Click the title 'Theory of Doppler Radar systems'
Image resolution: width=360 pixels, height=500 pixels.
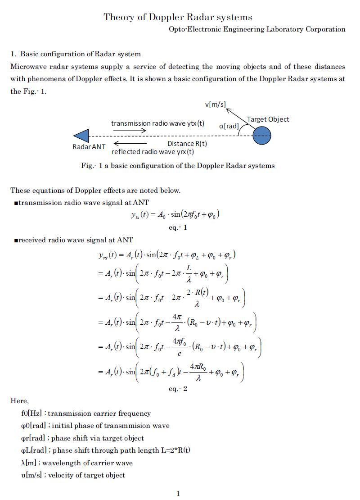[x=178, y=17]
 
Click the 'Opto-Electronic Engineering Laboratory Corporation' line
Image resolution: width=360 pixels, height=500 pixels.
[x=257, y=29]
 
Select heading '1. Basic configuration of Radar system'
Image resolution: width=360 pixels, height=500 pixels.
[x=76, y=54]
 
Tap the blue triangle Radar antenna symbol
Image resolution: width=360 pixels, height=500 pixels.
[x=81, y=136]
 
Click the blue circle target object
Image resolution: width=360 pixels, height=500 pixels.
[x=262, y=136]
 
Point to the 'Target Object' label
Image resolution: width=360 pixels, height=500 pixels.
[x=268, y=119]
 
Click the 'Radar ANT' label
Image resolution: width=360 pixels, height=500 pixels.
[x=89, y=147]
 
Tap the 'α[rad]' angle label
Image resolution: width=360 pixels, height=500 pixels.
[x=229, y=126]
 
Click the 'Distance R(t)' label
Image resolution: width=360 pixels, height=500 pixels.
[x=187, y=144]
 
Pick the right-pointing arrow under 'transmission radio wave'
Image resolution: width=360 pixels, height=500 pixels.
[x=130, y=130]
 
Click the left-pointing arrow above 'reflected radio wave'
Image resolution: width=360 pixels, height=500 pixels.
[x=130, y=144]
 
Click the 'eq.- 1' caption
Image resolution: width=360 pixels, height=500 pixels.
[x=178, y=227]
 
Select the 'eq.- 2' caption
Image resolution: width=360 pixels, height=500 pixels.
[x=178, y=389]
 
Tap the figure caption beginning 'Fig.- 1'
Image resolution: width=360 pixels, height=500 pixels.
[x=178, y=165]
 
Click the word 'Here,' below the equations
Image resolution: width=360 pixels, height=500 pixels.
[x=20, y=401]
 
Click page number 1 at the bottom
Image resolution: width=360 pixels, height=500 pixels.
[x=178, y=493]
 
